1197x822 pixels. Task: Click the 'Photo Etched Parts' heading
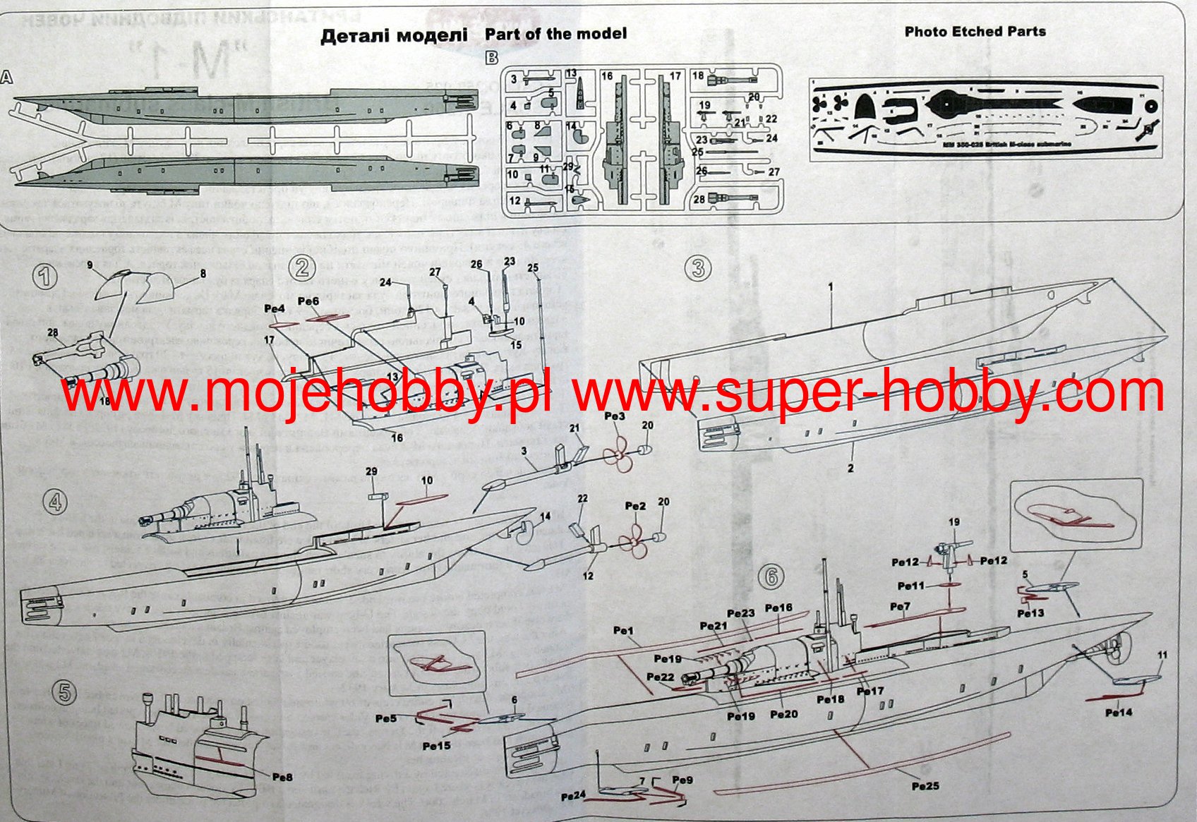[x=975, y=32]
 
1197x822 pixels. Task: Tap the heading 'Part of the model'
[x=555, y=34]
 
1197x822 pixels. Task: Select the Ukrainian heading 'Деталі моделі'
[x=394, y=35]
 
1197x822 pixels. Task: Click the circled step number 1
[x=45, y=276]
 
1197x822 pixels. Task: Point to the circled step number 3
[x=698, y=268]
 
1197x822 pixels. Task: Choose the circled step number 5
[x=64, y=692]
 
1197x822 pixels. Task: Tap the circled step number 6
[x=771, y=576]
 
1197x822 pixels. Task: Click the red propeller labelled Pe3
[x=620, y=454]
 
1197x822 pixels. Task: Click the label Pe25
[x=925, y=785]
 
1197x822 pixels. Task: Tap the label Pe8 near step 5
[x=282, y=777]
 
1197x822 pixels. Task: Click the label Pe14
[x=1119, y=712]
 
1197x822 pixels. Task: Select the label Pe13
[x=1030, y=613]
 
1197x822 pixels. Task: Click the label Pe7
[x=900, y=607]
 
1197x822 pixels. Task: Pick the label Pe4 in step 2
[x=275, y=308]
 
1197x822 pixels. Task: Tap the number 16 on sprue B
[x=607, y=75]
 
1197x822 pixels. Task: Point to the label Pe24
[x=574, y=796]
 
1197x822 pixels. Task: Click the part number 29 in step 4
[x=371, y=471]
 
